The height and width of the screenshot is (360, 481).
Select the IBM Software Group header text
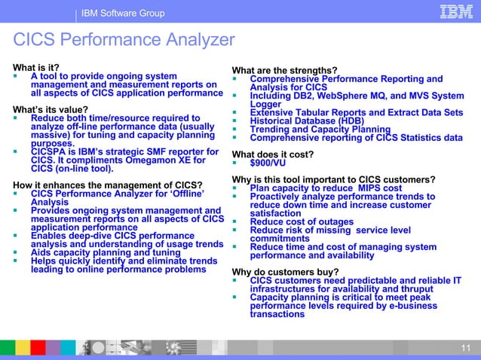pos(124,14)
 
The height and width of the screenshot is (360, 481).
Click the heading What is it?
pos(35,67)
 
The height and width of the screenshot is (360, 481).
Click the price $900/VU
pos(269,161)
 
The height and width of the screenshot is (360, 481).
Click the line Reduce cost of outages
pos(302,221)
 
